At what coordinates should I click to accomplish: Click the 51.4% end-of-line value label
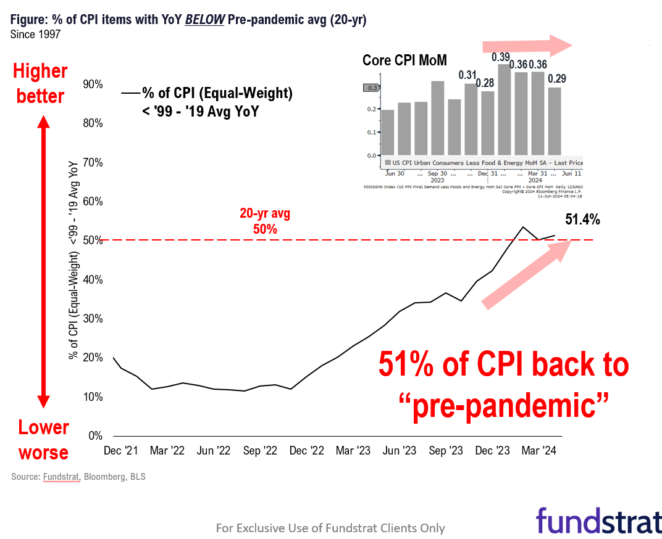point(582,220)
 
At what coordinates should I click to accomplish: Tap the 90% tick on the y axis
point(92,84)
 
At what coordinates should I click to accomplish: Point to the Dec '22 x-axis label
point(306,451)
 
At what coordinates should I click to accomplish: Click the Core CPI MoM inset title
point(404,60)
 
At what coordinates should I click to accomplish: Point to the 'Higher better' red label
point(40,84)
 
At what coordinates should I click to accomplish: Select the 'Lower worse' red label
point(43,440)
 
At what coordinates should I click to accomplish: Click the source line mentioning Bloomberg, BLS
point(78,477)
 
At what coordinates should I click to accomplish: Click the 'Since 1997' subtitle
point(35,35)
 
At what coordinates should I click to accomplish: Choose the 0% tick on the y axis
point(94,436)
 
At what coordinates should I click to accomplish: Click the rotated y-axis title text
point(74,260)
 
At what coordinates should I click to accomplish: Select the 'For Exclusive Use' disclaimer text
point(330,528)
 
